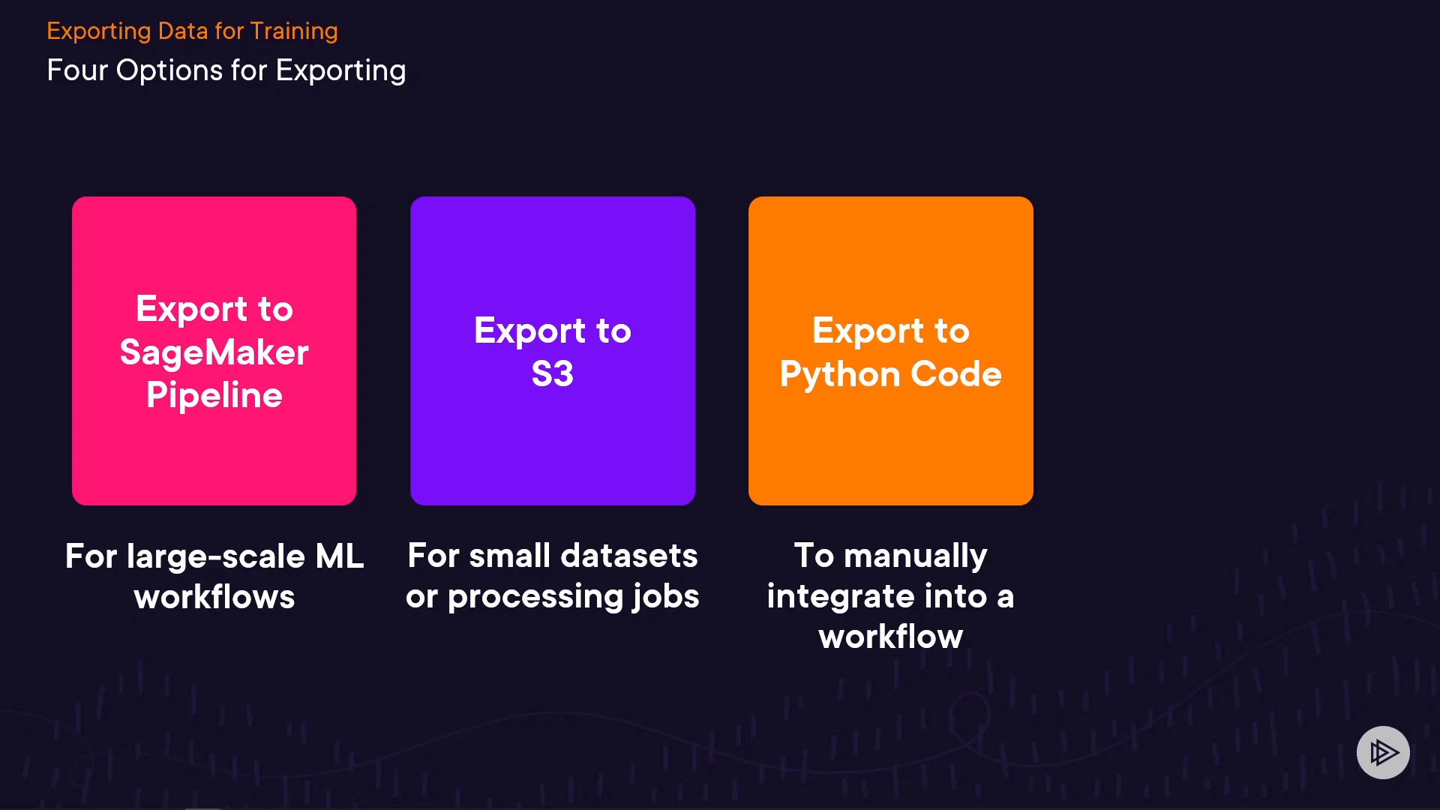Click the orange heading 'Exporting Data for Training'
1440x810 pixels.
point(192,31)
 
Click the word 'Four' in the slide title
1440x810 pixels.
point(77,70)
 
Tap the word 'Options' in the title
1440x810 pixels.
point(169,71)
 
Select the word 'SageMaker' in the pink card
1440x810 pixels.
point(214,352)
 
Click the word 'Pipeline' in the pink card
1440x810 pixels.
point(214,395)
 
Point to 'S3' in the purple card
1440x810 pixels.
point(553,374)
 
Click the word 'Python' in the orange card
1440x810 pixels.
point(840,374)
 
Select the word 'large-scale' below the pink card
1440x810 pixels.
point(216,556)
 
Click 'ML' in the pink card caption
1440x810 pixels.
point(339,556)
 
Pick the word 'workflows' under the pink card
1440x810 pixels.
point(214,597)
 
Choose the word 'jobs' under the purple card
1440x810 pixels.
point(666,597)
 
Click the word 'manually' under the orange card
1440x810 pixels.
point(915,556)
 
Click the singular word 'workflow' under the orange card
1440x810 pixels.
point(891,637)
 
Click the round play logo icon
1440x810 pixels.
point(1383,752)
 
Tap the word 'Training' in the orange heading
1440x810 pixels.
point(294,31)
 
